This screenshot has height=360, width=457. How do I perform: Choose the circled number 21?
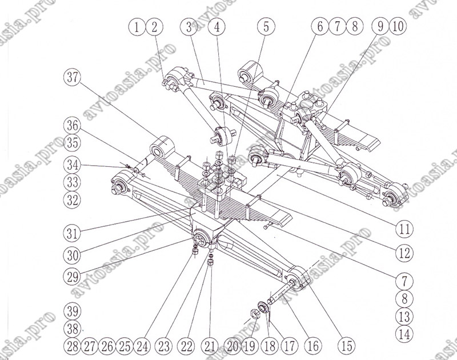point(211,345)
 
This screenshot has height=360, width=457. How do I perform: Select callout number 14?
point(404,334)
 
